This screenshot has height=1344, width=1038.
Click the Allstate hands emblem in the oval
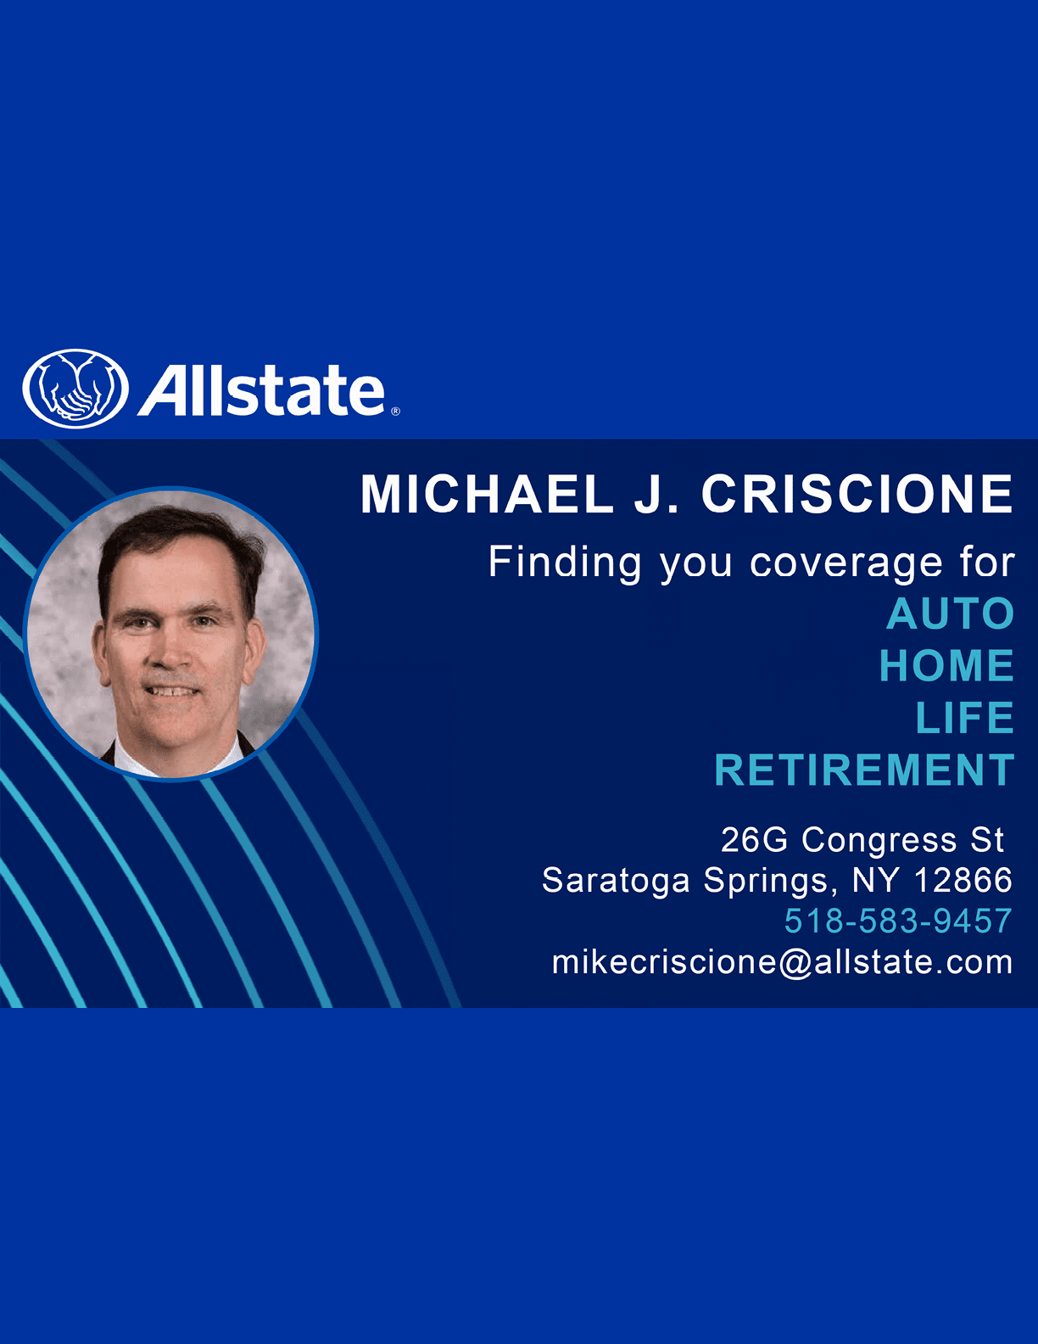[75, 389]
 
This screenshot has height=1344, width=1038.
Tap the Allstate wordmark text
[261, 390]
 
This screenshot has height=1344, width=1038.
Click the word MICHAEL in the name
[487, 494]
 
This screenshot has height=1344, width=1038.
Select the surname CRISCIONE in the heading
[857, 494]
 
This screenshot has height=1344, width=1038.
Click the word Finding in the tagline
[565, 563]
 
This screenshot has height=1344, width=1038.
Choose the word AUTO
[951, 613]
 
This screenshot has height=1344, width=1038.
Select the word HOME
[947, 665]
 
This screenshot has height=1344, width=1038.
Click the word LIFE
[965, 718]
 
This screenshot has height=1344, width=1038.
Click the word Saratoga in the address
[617, 882]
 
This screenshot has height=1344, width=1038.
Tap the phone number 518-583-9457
[898, 921]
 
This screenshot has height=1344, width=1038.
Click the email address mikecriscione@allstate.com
[783, 962]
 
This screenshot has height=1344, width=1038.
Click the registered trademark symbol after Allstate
[396, 412]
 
